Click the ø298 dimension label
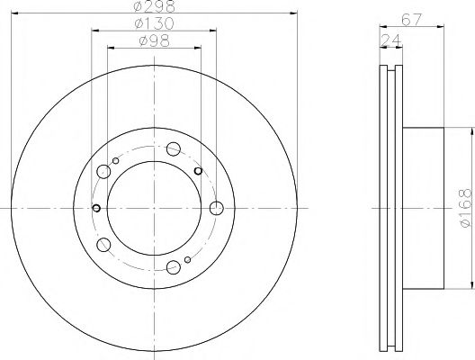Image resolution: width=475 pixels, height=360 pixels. [x=153, y=6]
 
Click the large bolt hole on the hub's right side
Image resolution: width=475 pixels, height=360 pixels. [x=215, y=209]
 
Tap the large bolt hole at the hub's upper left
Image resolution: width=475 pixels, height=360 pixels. [x=104, y=172]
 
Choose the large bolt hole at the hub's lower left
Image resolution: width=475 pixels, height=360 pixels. [x=104, y=244]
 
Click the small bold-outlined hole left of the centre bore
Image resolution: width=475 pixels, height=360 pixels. [x=94, y=209]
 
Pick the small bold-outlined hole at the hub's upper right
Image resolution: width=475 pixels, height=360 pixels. [x=197, y=169]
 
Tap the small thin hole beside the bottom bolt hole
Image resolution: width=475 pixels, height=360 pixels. [x=186, y=260]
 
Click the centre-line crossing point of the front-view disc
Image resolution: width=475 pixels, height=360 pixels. [x=153, y=209]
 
